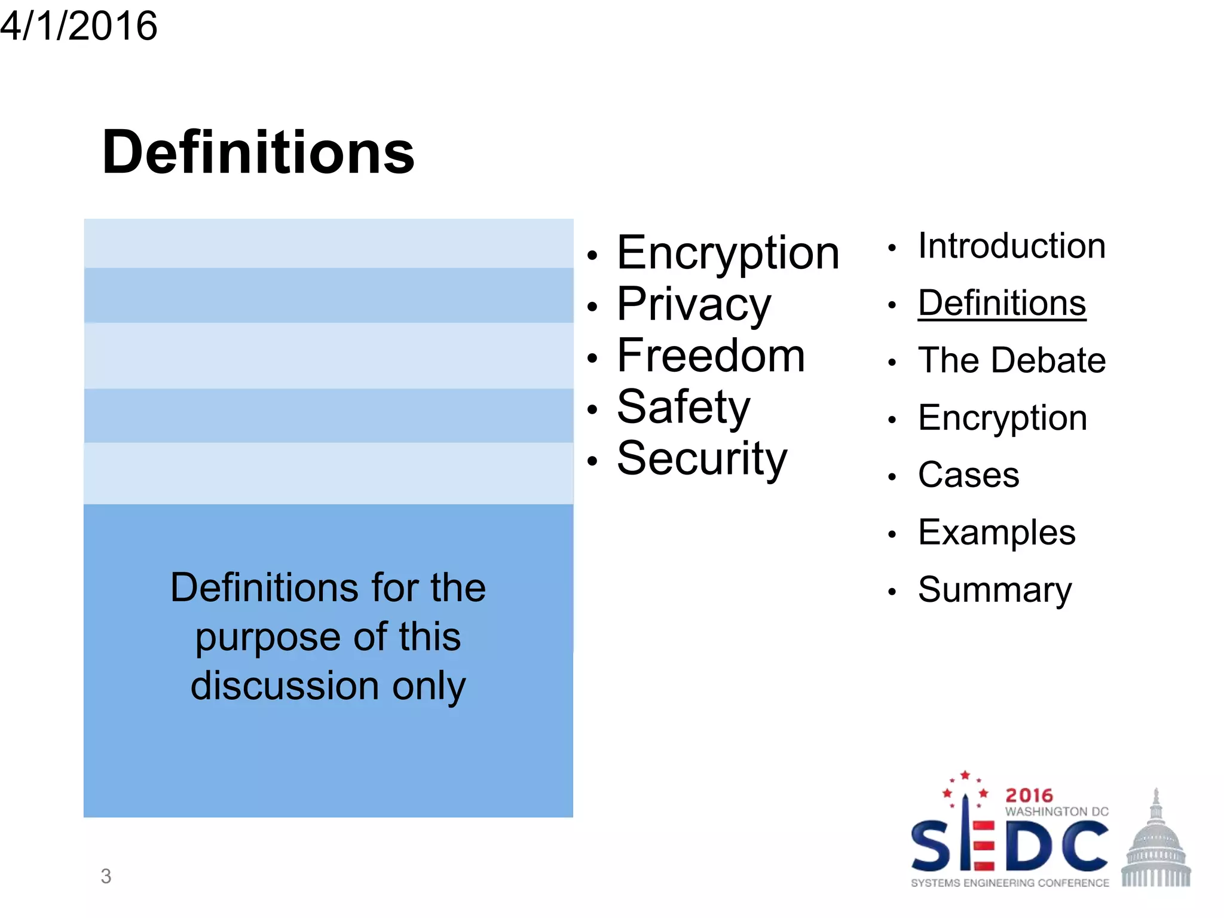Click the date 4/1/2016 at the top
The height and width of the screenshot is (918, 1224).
point(78,26)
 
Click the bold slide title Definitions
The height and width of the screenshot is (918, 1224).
point(258,152)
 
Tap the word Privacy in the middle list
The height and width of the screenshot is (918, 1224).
point(694,304)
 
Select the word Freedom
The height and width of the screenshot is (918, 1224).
point(711,356)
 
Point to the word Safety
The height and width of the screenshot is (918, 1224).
point(683,408)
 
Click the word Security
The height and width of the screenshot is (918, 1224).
point(702,459)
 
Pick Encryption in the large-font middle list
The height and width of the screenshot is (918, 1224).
point(728,253)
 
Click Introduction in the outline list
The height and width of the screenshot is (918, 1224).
point(1011,246)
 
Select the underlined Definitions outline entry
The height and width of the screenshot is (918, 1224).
point(1002,303)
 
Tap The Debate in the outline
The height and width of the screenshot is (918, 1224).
point(1011,360)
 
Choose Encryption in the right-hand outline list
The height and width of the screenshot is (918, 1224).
point(1002,418)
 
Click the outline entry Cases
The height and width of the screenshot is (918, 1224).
point(968,475)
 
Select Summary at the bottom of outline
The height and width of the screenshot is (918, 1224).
point(994,590)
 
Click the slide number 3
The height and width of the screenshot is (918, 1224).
point(106,876)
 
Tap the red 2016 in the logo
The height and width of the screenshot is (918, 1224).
point(1029,795)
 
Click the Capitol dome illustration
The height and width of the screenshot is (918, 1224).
point(1156,843)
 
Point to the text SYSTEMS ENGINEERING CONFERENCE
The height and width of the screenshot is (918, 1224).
point(1009,883)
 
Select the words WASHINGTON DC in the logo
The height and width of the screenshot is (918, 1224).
point(1057,812)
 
